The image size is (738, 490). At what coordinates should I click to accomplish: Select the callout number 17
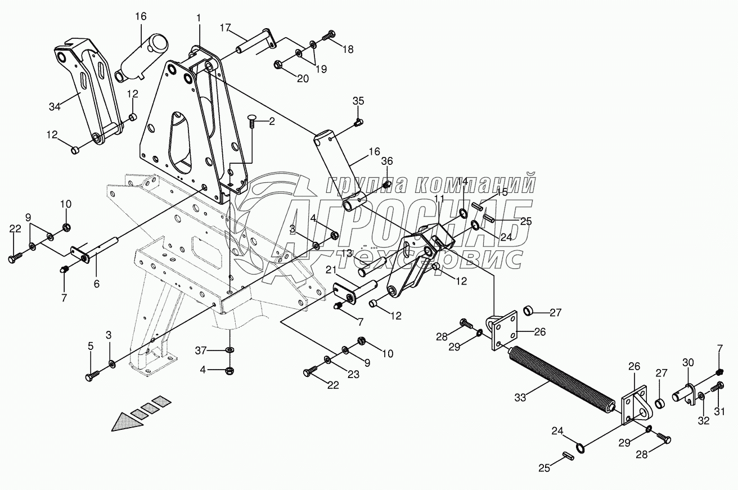pyautogui.click(x=225, y=27)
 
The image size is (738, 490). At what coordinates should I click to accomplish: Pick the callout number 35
pyautogui.click(x=358, y=101)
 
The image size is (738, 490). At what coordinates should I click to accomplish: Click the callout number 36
pyautogui.click(x=386, y=161)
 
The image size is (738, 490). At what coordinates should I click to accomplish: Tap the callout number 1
pyautogui.click(x=199, y=18)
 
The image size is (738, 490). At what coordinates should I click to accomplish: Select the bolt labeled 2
pyautogui.click(x=252, y=120)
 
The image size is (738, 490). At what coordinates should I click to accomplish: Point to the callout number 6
pyautogui.click(x=96, y=284)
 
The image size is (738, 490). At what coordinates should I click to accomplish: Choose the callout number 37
pyautogui.click(x=200, y=351)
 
